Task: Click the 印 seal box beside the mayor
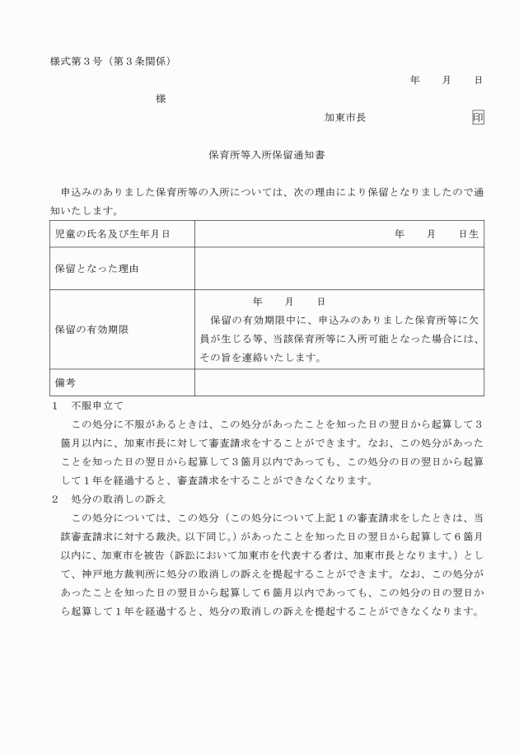coord(478,117)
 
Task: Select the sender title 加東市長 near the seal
coord(345,117)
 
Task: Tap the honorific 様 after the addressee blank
coord(161,99)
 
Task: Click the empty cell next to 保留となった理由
coord(339,269)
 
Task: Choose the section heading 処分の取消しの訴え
coord(119,499)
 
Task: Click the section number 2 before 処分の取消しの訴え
coord(54,499)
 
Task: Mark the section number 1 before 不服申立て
coord(54,405)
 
